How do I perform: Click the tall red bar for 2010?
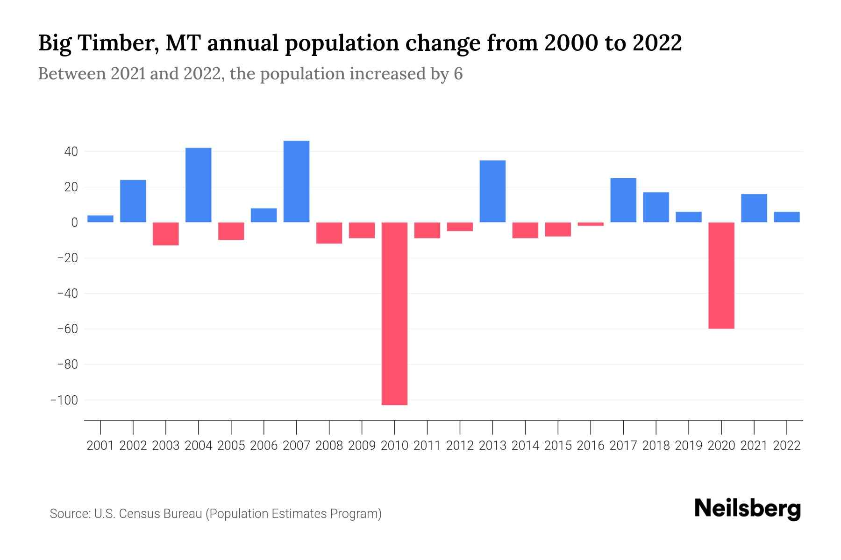[394, 314]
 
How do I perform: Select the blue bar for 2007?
[296, 182]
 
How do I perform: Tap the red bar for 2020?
[721, 275]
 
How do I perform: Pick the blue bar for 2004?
[198, 185]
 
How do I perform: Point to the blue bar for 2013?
[492, 191]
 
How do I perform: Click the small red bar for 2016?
[591, 224]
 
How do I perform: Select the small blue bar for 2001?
[100, 219]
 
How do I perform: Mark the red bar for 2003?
[165, 234]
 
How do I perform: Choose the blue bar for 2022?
[786, 217]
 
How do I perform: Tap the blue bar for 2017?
[623, 200]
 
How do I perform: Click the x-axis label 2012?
[460, 446]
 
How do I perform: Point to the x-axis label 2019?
[688, 446]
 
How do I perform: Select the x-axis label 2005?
[231, 446]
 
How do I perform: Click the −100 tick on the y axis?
[64, 400]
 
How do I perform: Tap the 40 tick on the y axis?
[68, 152]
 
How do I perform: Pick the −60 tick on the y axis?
[67, 329]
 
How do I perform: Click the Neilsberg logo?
[747, 509]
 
